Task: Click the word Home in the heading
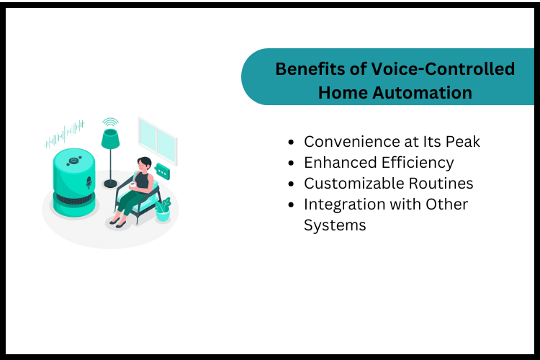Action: [x=339, y=92]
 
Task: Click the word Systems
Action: [x=335, y=225]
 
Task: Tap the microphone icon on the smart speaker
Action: [x=89, y=183]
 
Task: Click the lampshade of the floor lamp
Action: [x=109, y=138]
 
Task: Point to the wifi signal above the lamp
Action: [x=109, y=122]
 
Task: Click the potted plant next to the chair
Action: [x=163, y=208]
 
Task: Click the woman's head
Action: [x=144, y=164]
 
